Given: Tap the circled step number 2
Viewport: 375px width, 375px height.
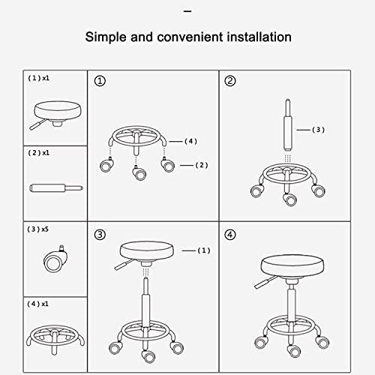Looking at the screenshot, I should tap(230, 81).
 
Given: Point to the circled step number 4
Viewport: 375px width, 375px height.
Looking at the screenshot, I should tap(230, 235).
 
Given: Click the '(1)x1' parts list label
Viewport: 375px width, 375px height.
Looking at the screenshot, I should tap(38, 78).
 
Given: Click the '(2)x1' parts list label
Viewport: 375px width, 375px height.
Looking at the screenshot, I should tap(38, 152).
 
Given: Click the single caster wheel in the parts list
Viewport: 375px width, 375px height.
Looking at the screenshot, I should tap(55, 262).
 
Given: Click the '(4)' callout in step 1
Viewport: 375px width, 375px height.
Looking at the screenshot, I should tap(190, 140).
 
